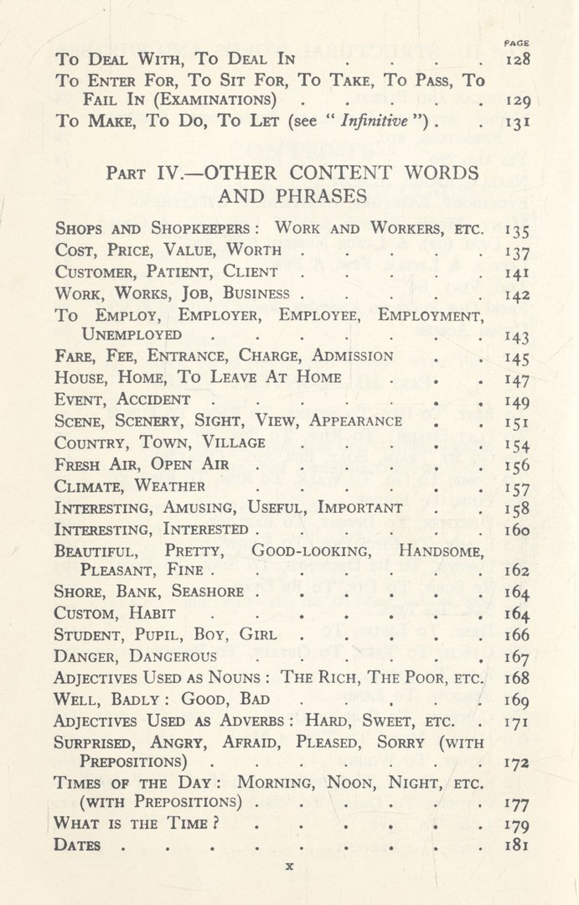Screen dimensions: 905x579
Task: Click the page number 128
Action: (519, 59)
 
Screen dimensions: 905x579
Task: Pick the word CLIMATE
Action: (90, 486)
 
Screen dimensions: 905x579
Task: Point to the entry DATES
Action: (77, 846)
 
